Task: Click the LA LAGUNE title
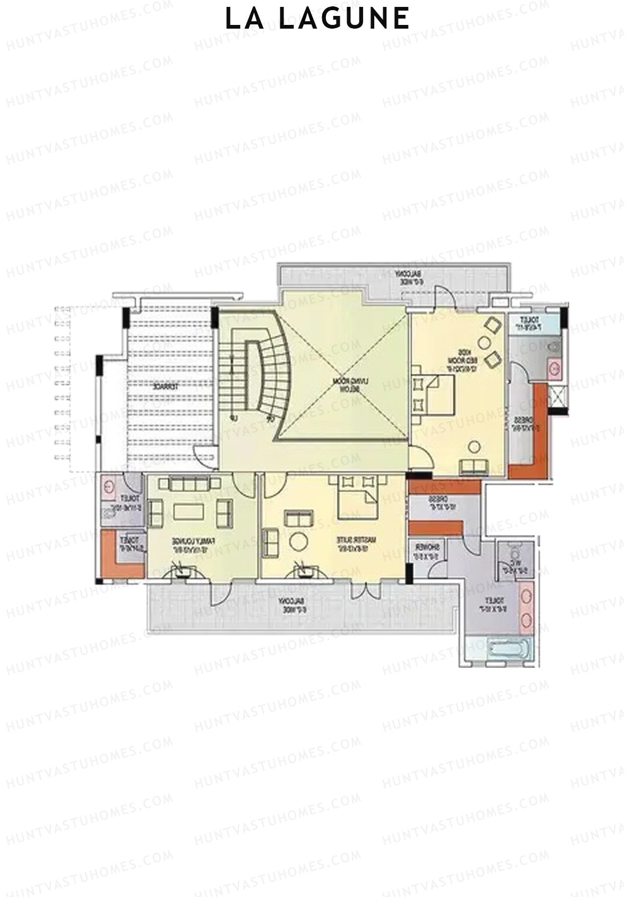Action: [317, 19]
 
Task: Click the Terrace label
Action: [165, 387]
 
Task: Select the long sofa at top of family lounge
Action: [193, 484]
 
